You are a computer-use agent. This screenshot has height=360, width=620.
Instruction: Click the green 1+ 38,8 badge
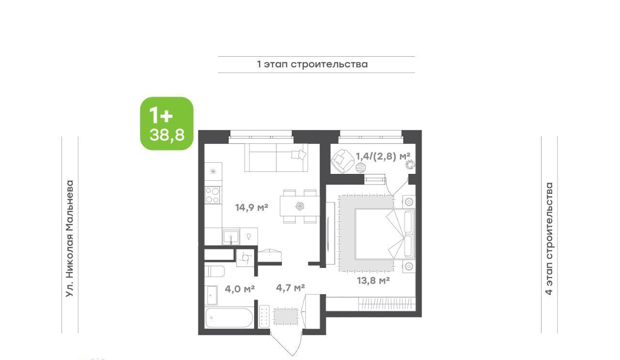click(167, 124)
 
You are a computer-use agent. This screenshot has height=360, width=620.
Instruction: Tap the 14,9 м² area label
click(251, 207)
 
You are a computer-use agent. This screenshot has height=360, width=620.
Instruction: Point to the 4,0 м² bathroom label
click(240, 289)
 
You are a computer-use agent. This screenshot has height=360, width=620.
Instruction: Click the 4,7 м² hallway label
click(290, 288)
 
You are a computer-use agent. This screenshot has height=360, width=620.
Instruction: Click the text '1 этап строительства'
click(312, 64)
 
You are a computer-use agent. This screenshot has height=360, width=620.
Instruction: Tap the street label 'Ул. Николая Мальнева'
click(70, 239)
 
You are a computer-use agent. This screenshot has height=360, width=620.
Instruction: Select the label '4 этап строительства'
click(549, 238)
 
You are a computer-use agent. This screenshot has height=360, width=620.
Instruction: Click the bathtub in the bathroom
click(229, 318)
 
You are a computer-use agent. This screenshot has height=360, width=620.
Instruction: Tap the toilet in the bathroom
click(215, 271)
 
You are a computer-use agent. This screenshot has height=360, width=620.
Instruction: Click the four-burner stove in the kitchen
click(213, 195)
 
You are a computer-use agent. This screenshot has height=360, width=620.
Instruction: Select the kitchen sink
click(231, 237)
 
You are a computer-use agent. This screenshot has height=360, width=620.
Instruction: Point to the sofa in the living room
click(276, 158)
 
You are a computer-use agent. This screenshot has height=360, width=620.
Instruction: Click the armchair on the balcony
click(343, 161)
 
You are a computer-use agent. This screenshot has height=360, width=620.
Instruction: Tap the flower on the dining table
click(300, 206)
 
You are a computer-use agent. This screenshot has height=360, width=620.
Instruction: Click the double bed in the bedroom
click(385, 234)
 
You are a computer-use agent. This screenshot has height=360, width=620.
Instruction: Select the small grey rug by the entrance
click(286, 316)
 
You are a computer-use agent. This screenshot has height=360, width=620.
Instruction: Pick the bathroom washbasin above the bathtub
click(212, 295)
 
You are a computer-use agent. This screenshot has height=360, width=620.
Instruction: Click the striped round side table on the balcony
click(361, 168)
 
